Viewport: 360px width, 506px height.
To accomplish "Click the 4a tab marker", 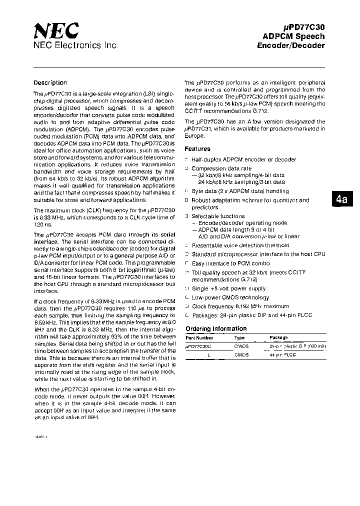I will tap(341, 199).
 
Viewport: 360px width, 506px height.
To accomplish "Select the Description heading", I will tap(50, 83).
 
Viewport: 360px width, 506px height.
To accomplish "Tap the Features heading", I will tap(197, 149).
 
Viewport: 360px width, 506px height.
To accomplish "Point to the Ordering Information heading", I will tap(216, 328).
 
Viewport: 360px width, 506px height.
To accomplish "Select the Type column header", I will tap(239, 337).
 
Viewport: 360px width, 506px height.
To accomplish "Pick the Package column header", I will tap(278, 337).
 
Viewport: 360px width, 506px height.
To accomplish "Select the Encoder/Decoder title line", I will tap(290, 45).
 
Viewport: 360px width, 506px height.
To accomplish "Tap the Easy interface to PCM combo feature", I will tap(231, 263).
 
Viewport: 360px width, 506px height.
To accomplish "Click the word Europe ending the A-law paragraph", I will tap(194, 136).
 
